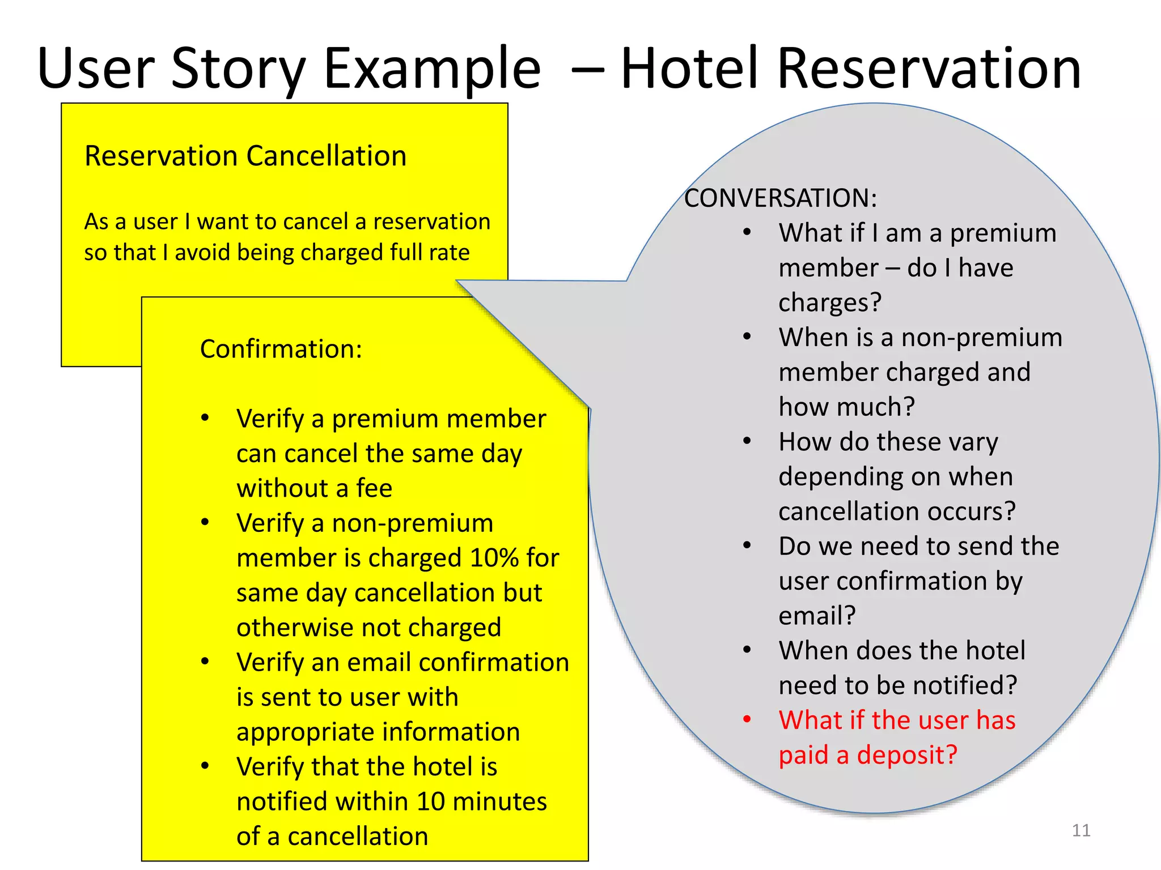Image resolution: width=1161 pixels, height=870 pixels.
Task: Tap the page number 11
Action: click(1081, 830)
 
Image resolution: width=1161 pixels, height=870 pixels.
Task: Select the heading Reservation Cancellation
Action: click(245, 156)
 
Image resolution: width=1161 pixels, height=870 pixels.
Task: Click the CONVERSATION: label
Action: click(780, 198)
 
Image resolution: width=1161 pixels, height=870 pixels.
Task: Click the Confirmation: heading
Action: click(281, 349)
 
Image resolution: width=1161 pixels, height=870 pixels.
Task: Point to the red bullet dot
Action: click(747, 719)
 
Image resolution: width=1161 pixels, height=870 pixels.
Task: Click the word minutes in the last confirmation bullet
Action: click(499, 801)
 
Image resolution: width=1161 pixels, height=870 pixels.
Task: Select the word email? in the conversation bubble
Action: click(816, 616)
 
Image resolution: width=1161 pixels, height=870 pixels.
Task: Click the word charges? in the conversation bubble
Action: click(829, 302)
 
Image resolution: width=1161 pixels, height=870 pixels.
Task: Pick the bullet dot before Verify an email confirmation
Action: click(205, 661)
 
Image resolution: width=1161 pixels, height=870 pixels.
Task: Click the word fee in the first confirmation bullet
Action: click(374, 488)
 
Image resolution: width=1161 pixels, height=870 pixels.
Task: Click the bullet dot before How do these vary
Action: click(747, 441)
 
